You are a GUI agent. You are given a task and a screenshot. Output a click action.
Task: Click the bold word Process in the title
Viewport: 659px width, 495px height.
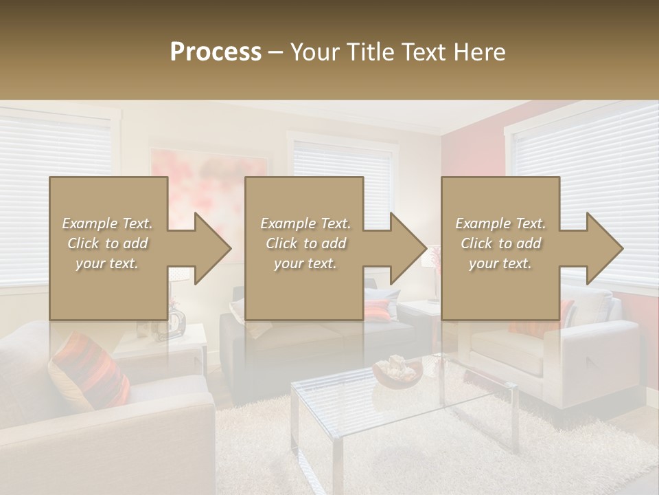216,52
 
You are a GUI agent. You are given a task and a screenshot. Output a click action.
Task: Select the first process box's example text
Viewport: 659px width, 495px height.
108,243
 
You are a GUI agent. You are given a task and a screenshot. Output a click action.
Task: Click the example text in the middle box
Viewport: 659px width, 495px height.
305,243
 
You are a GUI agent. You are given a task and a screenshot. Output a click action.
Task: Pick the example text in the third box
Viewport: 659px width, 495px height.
500,243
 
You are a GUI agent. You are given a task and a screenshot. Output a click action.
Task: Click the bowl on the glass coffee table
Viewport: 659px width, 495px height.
397,371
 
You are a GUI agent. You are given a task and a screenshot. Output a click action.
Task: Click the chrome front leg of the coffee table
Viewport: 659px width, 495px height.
338,467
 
